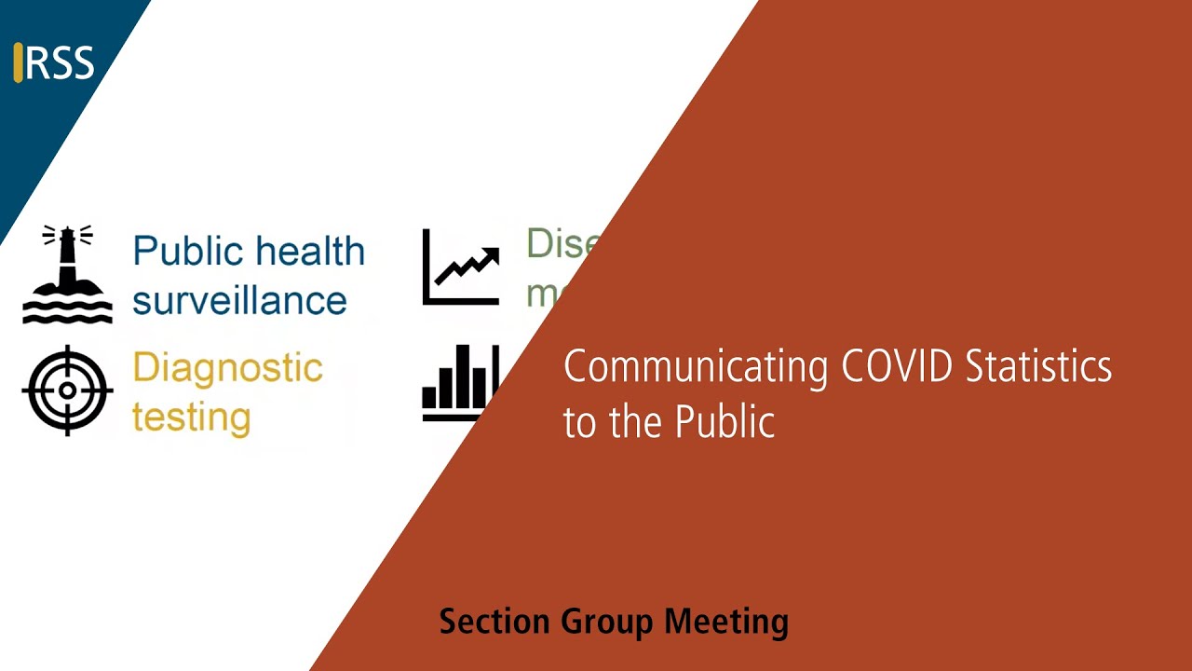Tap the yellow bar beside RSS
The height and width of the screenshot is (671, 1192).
18,62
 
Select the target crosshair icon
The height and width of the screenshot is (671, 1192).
67,390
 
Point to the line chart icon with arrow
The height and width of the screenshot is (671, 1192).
461,267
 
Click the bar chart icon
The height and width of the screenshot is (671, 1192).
456,384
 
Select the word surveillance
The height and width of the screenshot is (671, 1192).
239,301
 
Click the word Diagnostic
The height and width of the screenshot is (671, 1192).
227,369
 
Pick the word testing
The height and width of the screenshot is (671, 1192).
191,417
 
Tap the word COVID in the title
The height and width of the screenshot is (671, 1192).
897,366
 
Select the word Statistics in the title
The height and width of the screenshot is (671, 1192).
1038,366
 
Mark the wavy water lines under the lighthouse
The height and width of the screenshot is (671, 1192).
67,311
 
